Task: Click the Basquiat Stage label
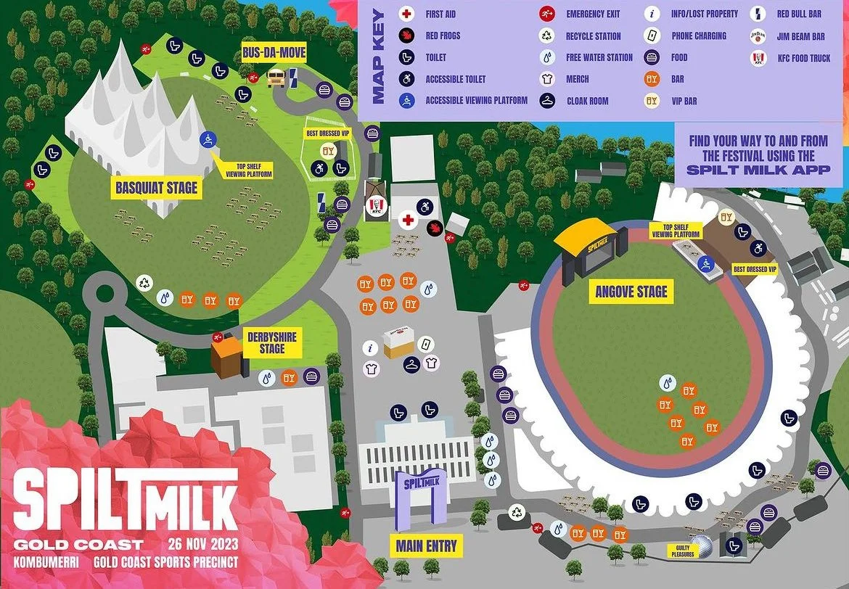point(156,188)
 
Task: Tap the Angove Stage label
point(631,292)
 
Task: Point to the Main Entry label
point(427,545)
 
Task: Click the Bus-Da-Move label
point(274,52)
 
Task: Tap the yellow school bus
point(276,77)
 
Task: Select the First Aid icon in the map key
point(406,14)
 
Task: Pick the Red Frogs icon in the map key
point(406,36)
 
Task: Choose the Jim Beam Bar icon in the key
point(758,36)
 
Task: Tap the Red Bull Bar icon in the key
point(758,14)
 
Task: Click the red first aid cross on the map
point(409,219)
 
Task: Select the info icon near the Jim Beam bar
point(370,347)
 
